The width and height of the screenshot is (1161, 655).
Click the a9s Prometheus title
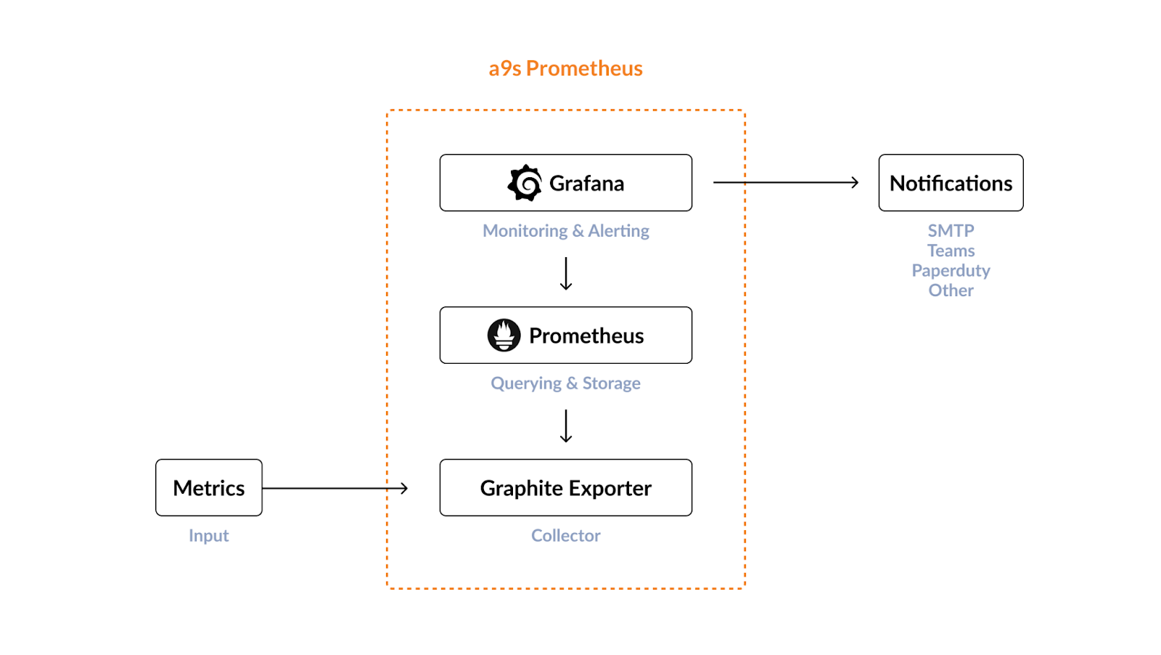click(x=565, y=68)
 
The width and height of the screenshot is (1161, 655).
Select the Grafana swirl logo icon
click(x=525, y=183)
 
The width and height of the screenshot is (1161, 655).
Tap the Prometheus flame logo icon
click(x=504, y=335)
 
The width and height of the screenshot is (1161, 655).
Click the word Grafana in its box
click(x=586, y=184)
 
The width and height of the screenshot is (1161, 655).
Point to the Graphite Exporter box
click(x=565, y=487)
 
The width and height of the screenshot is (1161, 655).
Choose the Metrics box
click(x=209, y=487)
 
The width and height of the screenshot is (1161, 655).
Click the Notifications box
click(x=951, y=183)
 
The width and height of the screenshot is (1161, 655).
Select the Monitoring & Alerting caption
click(x=565, y=231)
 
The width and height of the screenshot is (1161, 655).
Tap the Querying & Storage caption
click(x=565, y=383)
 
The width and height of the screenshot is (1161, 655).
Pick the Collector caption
click(x=565, y=536)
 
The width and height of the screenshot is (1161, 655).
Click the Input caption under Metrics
click(x=209, y=536)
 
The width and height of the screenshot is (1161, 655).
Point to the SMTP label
click(x=951, y=231)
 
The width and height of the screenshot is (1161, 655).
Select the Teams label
click(x=951, y=251)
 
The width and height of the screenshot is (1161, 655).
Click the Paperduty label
click(x=951, y=271)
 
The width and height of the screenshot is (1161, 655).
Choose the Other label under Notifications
click(x=951, y=290)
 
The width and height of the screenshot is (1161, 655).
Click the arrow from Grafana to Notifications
click(x=786, y=182)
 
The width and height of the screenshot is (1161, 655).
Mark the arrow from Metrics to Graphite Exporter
click(x=335, y=488)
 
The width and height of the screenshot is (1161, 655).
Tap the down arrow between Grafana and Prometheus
click(x=566, y=274)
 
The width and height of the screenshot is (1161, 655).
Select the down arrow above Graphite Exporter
click(x=566, y=426)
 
